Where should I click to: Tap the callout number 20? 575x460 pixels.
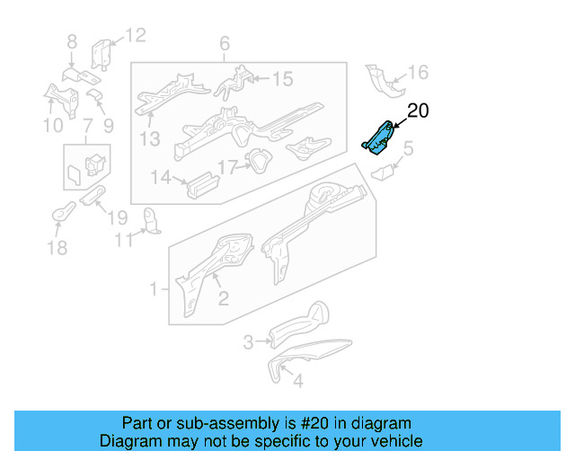(419, 111)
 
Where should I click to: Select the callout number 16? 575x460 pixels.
(419, 73)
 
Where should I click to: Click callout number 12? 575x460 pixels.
(135, 35)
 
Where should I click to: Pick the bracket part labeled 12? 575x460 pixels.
(102, 54)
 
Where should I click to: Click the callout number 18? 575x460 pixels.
(57, 247)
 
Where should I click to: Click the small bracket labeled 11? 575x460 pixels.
(152, 220)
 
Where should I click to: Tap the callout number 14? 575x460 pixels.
(160, 178)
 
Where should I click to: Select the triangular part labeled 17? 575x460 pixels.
(258, 162)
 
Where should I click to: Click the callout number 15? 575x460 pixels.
(282, 79)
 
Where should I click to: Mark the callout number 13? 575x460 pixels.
(149, 138)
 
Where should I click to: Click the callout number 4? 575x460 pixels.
(298, 380)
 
